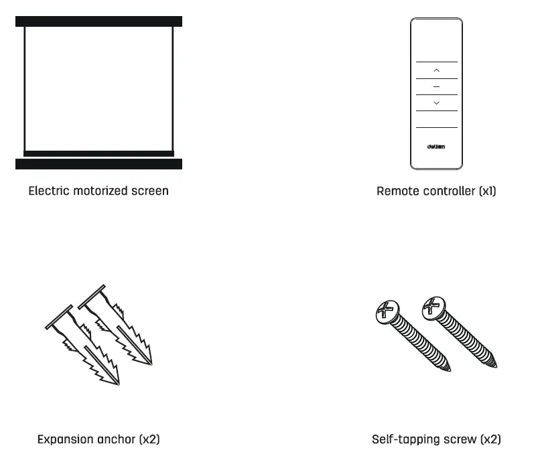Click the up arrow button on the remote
[x=436, y=70]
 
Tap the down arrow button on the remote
[x=436, y=102]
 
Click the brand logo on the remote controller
[x=436, y=147]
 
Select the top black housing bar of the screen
[x=98, y=21]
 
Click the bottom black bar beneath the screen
[x=98, y=164]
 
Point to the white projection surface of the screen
[x=98, y=87]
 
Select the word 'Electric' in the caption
[x=49, y=191]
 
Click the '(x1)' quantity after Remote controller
[x=487, y=191]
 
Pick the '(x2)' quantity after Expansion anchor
[x=149, y=440]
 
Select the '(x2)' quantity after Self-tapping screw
[x=490, y=440]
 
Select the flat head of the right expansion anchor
[x=92, y=297]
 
